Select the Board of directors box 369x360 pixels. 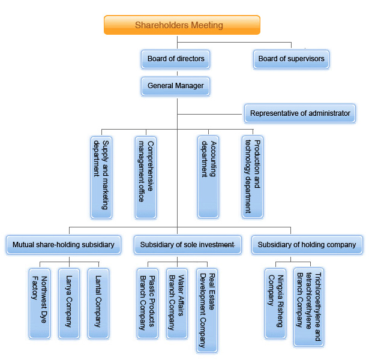coord(176,59)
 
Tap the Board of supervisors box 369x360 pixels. coord(291,59)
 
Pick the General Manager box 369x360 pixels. coord(176,86)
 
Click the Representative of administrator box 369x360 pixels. coord(300,113)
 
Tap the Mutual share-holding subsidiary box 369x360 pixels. coord(64,244)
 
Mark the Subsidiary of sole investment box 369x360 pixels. coord(187,244)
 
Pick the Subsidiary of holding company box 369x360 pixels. coord(307,244)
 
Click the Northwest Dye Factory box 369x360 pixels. coord(40,303)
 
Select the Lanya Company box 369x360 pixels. coord(69,303)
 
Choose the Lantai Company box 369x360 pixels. coord(98,303)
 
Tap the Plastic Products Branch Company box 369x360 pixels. coord(148,303)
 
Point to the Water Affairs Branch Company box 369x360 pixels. coord(176,303)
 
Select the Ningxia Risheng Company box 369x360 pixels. coord(275,303)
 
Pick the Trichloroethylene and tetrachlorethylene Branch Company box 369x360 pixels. coord(308,307)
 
